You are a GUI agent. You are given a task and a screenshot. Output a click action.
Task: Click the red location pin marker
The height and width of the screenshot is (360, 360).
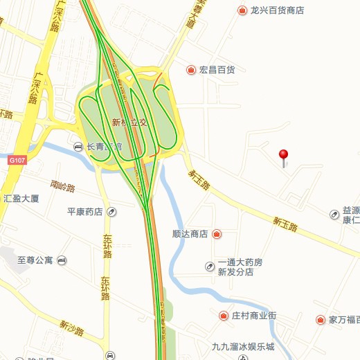[x=283, y=155]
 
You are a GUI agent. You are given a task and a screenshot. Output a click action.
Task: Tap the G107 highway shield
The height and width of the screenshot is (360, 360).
[x=17, y=160]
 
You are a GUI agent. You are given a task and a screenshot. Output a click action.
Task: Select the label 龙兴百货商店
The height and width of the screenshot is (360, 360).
[x=277, y=10]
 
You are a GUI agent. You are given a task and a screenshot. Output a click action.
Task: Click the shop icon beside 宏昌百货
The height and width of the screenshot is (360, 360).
[x=190, y=70]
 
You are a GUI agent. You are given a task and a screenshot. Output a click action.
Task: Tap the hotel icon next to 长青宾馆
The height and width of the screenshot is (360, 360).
[x=78, y=146]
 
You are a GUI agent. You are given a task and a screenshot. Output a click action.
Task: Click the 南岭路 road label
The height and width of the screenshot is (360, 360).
[x=63, y=186]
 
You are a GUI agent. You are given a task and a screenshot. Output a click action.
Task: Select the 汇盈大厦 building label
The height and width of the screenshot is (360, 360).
[x=21, y=198]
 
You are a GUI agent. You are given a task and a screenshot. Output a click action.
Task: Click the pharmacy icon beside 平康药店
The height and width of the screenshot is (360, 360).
[x=112, y=212]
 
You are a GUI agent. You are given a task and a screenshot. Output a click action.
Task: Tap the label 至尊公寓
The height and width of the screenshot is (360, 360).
[x=35, y=260]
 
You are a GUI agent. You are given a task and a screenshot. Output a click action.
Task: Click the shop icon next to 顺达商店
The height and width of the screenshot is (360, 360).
[x=217, y=234]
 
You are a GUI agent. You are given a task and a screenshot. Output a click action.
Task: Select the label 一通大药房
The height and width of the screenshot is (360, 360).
[x=240, y=262]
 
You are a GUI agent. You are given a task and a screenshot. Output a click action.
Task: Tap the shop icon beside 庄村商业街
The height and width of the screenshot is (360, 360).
[x=224, y=316]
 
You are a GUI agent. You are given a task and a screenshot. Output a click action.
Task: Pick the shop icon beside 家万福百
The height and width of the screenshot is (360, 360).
[x=321, y=320]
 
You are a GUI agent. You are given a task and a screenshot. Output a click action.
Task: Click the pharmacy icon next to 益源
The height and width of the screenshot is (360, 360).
[x=334, y=215]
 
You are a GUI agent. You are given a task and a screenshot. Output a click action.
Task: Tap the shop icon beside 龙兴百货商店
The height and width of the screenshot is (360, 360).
[x=242, y=10]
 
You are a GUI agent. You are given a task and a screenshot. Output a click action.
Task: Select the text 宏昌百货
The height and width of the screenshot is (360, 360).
[x=217, y=70]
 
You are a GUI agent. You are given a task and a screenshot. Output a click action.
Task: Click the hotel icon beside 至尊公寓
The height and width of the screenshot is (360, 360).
[x=62, y=260]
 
